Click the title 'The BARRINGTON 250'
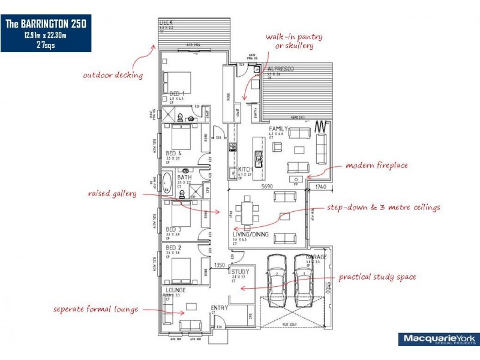(46, 24)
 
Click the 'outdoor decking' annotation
(113, 76)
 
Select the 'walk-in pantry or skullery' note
(290, 41)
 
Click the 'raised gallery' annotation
(112, 194)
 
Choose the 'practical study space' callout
(377, 277)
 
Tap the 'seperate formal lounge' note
(95, 309)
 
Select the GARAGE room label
(316, 257)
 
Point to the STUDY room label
(241, 272)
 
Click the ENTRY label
(220, 308)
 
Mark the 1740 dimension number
(321, 187)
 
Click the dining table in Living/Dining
(247, 210)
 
